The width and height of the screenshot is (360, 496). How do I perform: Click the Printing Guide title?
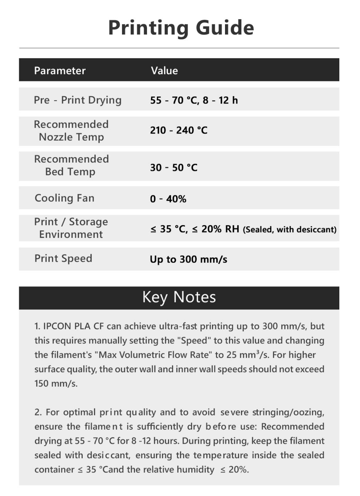(181, 28)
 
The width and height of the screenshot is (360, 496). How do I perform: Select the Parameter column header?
(60, 70)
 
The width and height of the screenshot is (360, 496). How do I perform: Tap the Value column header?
(164, 70)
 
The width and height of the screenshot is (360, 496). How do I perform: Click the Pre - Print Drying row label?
(78, 100)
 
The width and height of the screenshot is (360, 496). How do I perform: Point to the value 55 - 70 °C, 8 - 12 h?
(194, 100)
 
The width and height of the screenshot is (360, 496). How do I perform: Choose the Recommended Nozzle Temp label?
(71, 131)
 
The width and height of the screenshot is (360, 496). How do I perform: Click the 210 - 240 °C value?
(179, 130)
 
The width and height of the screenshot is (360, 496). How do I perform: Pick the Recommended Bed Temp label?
(71, 165)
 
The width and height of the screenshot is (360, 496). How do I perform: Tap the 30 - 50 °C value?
(174, 167)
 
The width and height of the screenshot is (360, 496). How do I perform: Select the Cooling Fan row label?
(65, 198)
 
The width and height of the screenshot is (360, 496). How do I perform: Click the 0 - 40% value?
(168, 199)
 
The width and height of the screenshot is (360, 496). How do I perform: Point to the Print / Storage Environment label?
(71, 228)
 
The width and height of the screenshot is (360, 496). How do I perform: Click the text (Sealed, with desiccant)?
(290, 229)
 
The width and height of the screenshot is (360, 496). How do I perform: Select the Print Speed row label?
(64, 259)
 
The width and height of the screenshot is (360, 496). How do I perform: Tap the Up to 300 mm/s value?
(188, 259)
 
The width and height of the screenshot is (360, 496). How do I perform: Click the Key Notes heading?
(179, 297)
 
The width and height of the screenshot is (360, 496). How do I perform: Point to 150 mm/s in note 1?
(56, 383)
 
